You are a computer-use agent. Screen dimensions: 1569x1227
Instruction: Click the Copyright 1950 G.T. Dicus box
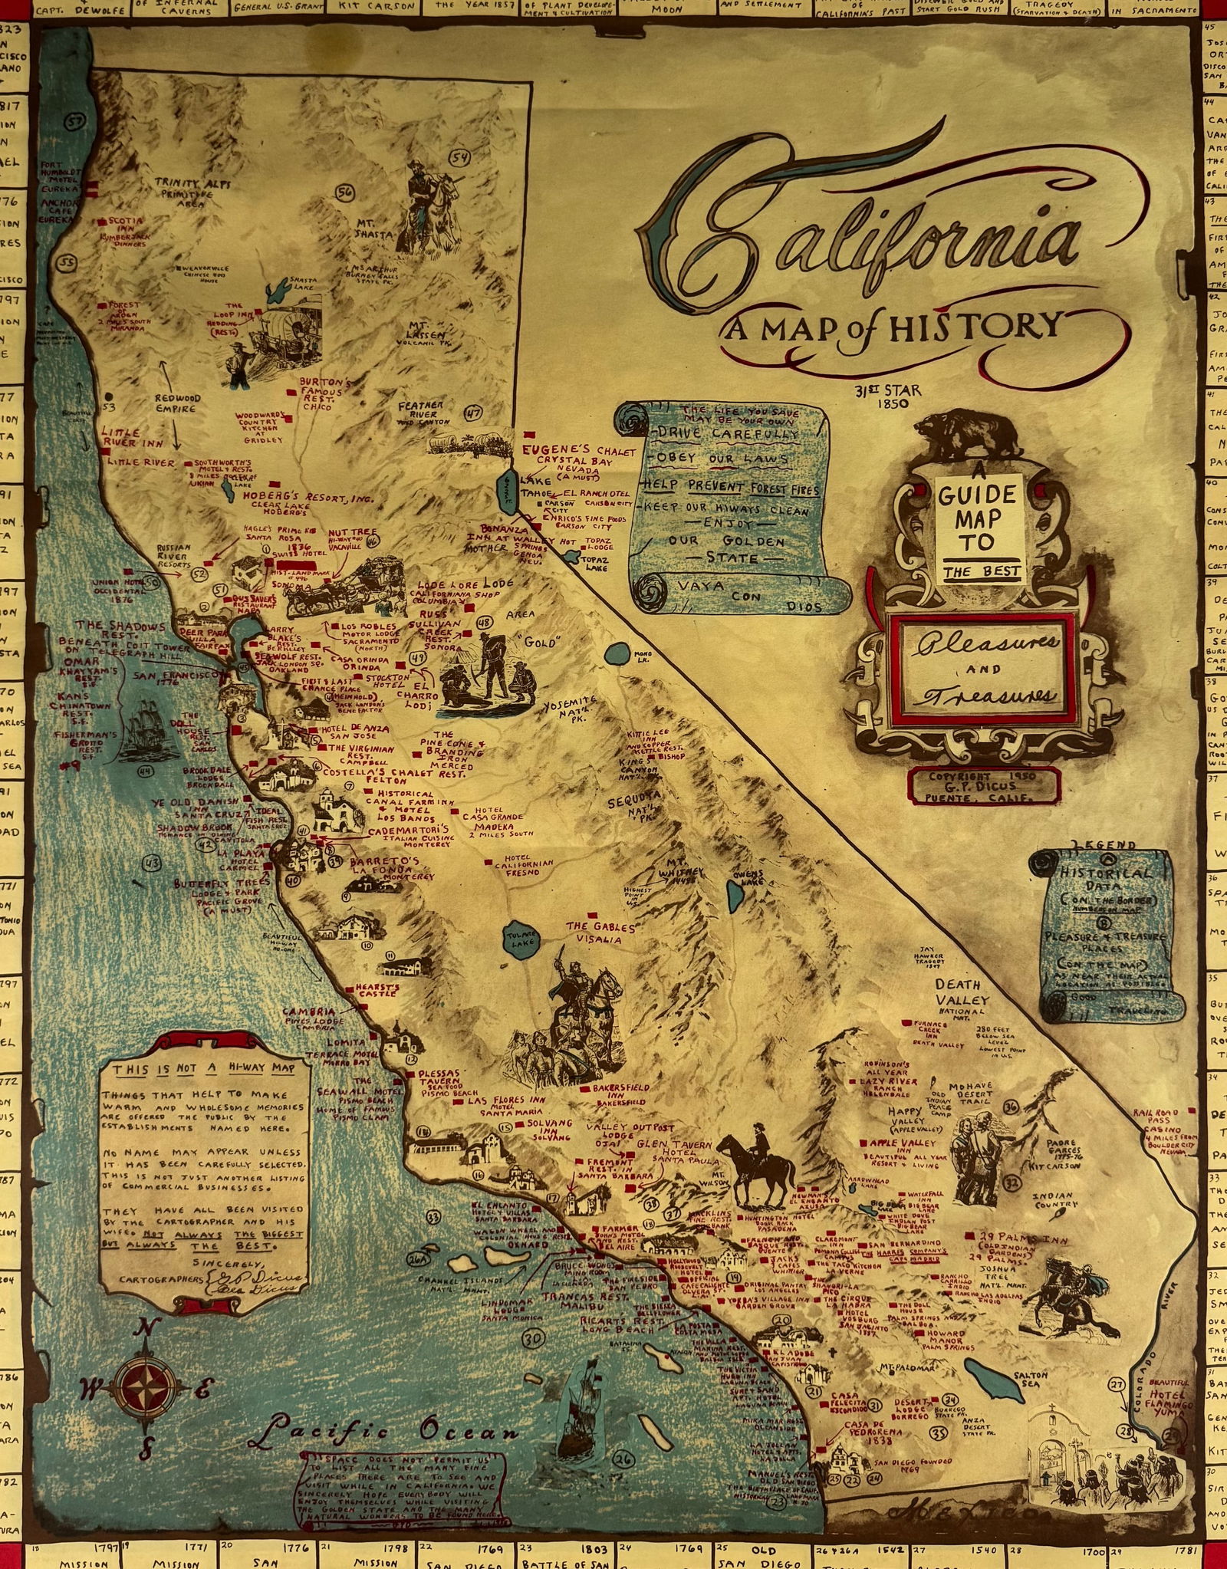[982, 784]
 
